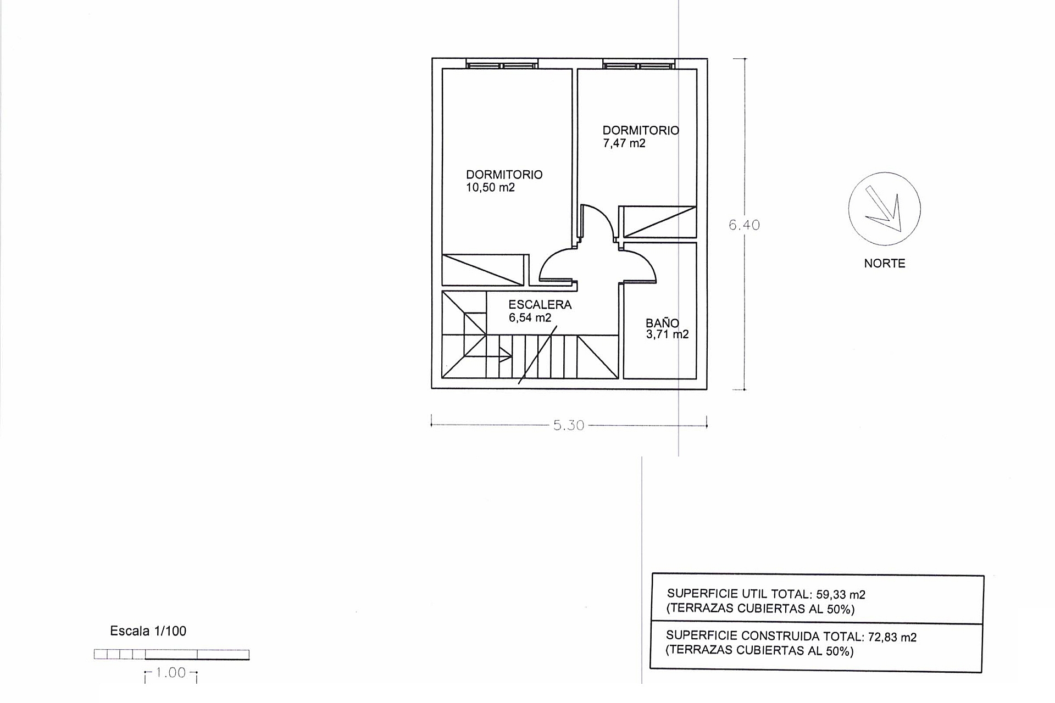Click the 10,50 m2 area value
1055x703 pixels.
tap(490, 188)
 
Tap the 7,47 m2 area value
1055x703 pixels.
tap(624, 144)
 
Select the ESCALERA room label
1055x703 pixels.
tap(540, 305)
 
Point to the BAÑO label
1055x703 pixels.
tap(662, 323)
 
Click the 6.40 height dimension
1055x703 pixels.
tap(744, 225)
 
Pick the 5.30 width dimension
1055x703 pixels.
tap(569, 426)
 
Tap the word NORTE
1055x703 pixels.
tap(884, 264)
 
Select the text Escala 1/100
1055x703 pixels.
tap(148, 631)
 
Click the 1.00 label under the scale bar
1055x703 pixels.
tap(171, 673)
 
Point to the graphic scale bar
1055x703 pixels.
tap(171, 654)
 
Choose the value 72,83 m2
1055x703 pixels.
tap(892, 637)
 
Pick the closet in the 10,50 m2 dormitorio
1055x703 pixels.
tap(484, 270)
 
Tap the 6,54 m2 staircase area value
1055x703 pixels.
tap(530, 318)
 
